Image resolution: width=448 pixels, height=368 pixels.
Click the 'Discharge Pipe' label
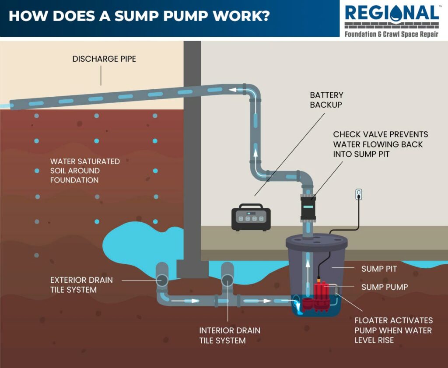point(104,59)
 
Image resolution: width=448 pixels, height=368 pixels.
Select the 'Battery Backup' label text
point(326,100)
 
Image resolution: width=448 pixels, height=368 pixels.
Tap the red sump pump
point(321,297)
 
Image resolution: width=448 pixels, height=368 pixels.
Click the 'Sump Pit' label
point(379,269)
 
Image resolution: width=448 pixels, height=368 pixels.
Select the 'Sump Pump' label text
point(384,287)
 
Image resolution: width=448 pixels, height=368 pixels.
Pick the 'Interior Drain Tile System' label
point(230,335)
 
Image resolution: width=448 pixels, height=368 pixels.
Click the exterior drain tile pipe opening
point(161,280)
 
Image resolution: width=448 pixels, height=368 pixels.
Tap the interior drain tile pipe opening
point(227,280)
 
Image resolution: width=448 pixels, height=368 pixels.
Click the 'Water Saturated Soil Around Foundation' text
point(84,171)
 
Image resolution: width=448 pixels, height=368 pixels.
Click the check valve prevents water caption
point(380,144)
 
